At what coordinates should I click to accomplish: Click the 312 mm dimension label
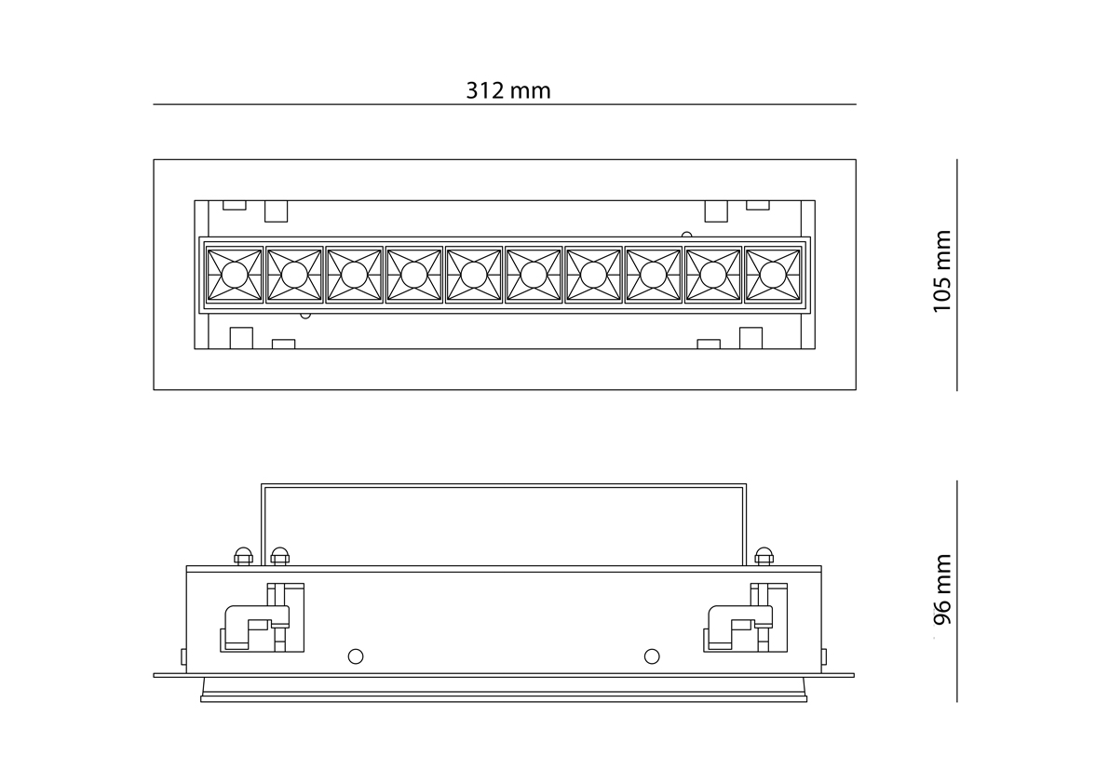[x=507, y=90]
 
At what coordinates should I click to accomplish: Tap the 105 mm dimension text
[x=942, y=271]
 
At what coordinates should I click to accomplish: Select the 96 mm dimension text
[x=942, y=589]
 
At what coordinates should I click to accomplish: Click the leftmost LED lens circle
[x=234, y=275]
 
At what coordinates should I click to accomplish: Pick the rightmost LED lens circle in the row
[x=772, y=275]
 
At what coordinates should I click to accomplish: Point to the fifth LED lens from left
[x=473, y=275]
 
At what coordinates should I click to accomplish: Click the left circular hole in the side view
[x=355, y=656]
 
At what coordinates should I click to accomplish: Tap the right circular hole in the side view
[x=652, y=656]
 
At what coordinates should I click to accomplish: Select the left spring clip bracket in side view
[x=263, y=619]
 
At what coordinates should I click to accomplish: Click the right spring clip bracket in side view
[x=747, y=619]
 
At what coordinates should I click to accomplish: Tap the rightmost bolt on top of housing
[x=764, y=556]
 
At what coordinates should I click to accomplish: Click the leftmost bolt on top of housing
[x=243, y=556]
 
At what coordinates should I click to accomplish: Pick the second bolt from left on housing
[x=279, y=556]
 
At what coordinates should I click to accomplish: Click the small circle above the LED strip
[x=687, y=236]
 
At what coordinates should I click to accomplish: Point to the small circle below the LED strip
[x=305, y=315]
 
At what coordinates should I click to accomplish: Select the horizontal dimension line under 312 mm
[x=504, y=104]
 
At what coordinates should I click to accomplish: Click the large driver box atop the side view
[x=504, y=524]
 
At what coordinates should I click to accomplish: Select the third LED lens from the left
[x=354, y=275]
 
